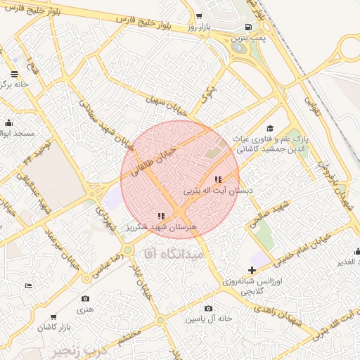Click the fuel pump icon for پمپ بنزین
[243, 27]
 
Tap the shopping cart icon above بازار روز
[200, 16]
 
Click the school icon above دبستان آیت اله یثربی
[217, 179]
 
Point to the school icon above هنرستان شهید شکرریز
[161, 216]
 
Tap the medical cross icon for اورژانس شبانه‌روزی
[251, 270]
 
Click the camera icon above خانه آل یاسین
[208, 309]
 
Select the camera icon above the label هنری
[85, 299]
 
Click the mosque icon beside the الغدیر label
[357, 251]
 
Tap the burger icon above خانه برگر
[15, 73]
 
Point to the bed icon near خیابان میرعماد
[28, 285]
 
